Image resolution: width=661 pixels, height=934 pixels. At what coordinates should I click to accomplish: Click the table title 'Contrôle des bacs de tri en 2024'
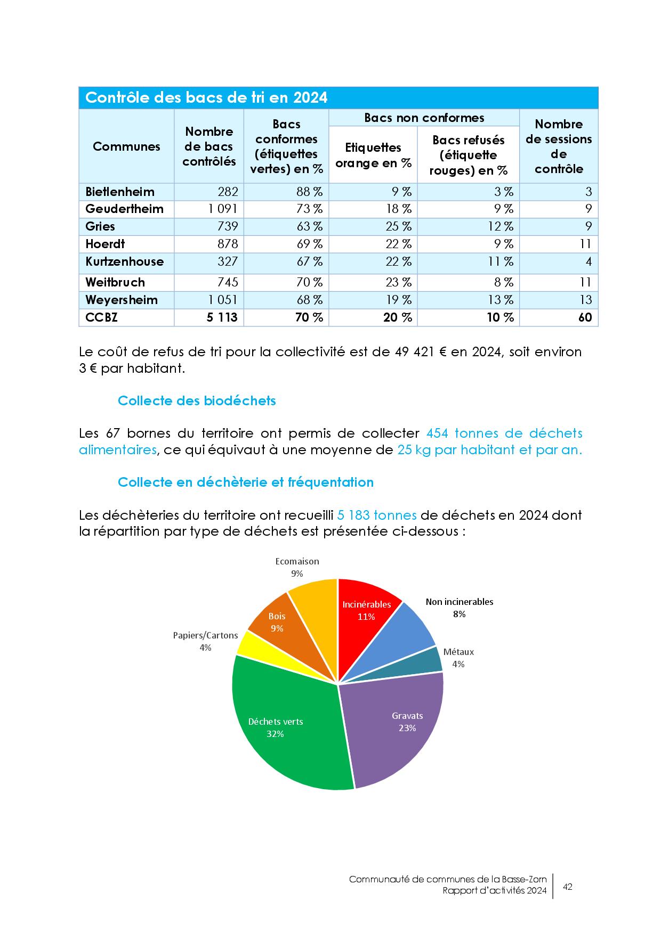coord(206,98)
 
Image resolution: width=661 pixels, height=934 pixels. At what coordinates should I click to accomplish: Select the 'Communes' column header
coord(126,146)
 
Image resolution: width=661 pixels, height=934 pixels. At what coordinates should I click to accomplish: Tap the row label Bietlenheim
coord(120,192)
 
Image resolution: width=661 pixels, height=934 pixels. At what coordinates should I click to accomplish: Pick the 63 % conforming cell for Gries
coord(310,226)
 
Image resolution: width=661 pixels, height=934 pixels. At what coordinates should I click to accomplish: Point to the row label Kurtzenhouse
coord(124,261)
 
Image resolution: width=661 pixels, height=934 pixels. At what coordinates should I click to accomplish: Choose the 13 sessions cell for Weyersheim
coord(585,300)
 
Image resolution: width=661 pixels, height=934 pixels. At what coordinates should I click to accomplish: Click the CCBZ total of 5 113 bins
coord(222,317)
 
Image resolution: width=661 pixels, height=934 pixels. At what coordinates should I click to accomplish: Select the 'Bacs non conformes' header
coord(424,118)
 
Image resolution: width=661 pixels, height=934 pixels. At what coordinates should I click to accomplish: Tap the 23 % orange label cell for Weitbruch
coord(399,282)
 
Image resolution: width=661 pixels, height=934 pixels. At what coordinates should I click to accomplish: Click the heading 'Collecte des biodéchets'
coord(197,400)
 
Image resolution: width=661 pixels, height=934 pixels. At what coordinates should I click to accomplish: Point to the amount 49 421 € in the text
coord(420,352)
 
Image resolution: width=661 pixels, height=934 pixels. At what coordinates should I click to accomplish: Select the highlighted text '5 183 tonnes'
coord(377,515)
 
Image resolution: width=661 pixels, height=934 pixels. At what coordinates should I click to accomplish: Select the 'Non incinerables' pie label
coord(459,602)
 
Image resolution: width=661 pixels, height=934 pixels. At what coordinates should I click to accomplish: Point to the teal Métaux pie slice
coord(429,663)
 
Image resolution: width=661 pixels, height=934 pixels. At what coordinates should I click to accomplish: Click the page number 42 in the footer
coord(568,887)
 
